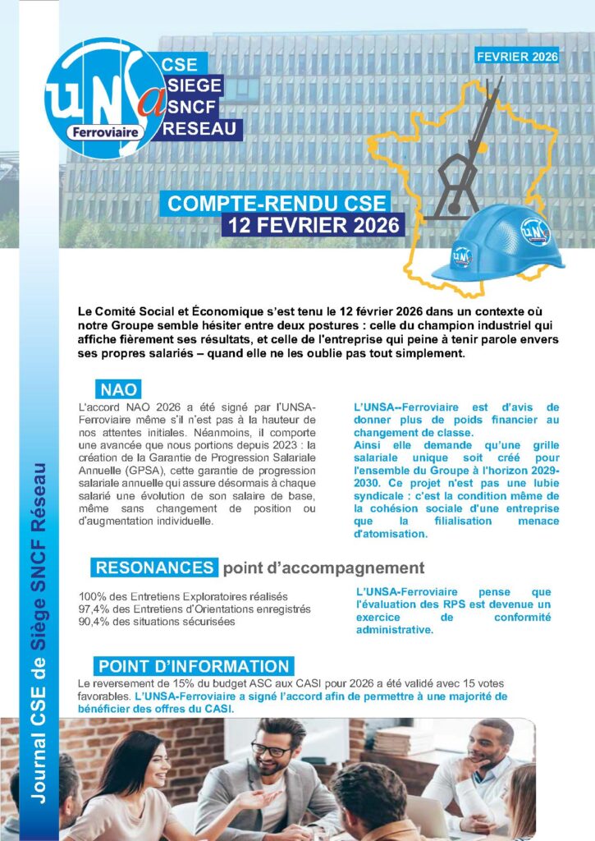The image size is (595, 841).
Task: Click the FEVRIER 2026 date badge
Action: pyautogui.click(x=517, y=57)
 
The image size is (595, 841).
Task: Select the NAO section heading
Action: pyautogui.click(x=120, y=388)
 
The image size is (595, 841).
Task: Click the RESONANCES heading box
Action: pyautogui.click(x=154, y=568)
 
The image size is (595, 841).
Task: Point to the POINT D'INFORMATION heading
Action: pyautogui.click(x=193, y=666)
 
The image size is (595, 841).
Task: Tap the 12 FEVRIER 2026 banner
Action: pyautogui.click(x=314, y=224)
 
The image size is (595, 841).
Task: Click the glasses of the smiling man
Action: pyautogui.click(x=272, y=749)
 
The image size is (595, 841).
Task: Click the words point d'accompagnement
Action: pyautogui.click(x=323, y=568)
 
